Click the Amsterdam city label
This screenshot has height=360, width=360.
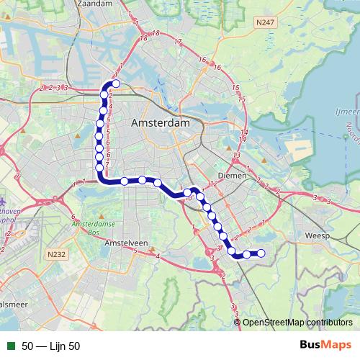point(160,123)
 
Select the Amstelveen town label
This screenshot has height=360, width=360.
point(125,244)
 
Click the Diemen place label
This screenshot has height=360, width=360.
point(232,175)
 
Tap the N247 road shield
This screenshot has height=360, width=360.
point(266,24)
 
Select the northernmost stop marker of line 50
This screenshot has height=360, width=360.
point(116,84)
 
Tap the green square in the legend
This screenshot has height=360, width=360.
point(9,346)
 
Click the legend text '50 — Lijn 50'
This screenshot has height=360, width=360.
point(50,346)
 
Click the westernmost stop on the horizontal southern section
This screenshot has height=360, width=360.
point(125,181)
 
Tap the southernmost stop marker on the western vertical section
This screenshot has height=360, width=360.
point(99,168)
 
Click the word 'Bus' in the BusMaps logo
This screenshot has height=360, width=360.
point(313,346)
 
